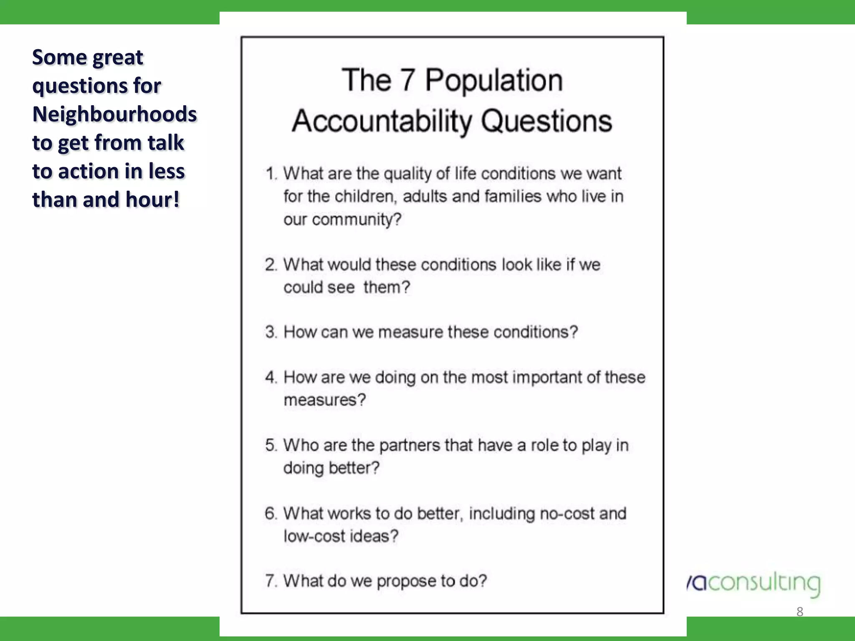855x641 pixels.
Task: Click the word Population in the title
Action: pyautogui.click(x=494, y=80)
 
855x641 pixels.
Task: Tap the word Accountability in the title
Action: pyautogui.click(x=382, y=121)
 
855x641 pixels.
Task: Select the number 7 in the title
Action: pyautogui.click(x=407, y=80)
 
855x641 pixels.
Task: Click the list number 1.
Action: pyautogui.click(x=271, y=174)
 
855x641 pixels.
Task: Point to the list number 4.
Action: pyautogui.click(x=271, y=377)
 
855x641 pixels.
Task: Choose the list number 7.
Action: pyautogui.click(x=271, y=581)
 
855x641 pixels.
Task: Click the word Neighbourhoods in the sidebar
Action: pyautogui.click(x=114, y=114)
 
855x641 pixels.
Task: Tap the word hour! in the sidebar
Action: pyautogui.click(x=152, y=199)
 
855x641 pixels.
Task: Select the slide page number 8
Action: pyautogui.click(x=799, y=612)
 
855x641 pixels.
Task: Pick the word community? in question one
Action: pyautogui.click(x=357, y=220)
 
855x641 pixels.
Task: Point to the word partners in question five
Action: pyautogui.click(x=409, y=445)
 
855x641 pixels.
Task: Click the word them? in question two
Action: pyautogui.click(x=387, y=287)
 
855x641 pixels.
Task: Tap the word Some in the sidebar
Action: pyautogui.click(x=59, y=58)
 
